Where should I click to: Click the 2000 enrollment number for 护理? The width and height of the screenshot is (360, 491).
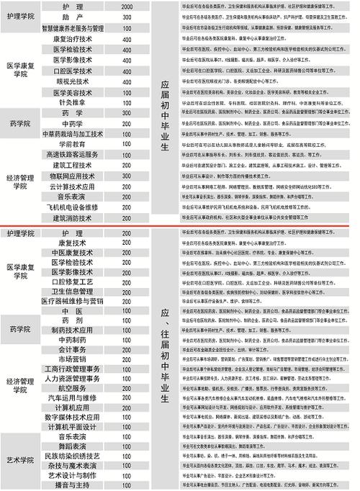(127, 6)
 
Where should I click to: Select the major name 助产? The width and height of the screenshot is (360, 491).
(72, 17)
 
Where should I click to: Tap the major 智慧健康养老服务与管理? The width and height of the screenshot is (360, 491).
(72, 27)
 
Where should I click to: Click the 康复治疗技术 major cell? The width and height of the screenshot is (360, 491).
(72, 39)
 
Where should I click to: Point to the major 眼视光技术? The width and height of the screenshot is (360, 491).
(72, 82)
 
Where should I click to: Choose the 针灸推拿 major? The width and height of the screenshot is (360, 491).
(72, 103)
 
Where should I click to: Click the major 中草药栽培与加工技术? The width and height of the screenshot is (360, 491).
(72, 134)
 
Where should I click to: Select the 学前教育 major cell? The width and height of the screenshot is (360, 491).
(72, 144)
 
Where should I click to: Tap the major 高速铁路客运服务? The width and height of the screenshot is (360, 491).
(72, 155)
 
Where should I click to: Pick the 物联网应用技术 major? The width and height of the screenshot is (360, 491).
(72, 176)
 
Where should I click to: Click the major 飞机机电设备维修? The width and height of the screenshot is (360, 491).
(72, 207)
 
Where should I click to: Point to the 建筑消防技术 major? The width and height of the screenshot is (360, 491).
(72, 217)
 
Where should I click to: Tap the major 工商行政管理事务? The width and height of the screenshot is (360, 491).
(72, 367)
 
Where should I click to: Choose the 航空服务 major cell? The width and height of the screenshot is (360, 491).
(72, 387)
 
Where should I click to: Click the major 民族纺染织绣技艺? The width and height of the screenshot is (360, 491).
(72, 456)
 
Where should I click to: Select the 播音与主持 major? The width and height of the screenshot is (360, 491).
(72, 486)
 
